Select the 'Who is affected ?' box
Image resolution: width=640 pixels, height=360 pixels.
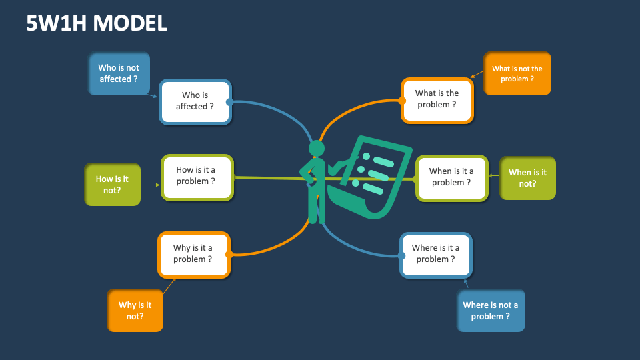195,101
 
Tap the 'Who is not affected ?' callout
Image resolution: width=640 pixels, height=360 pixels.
119,73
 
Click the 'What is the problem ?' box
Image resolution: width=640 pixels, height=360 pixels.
437,100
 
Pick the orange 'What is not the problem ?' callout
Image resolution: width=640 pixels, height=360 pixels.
517,73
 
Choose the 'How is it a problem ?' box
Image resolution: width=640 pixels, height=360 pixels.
197,176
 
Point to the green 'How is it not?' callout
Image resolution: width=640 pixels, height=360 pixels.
113,184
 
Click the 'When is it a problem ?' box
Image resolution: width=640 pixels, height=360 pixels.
451,177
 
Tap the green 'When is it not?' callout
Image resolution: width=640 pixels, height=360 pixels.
527,177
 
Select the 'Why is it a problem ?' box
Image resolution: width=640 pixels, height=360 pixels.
193,254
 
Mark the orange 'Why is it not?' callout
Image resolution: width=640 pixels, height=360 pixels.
135,310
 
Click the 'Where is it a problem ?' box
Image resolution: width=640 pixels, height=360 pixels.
436,254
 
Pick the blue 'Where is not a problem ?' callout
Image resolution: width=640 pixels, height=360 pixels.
491,310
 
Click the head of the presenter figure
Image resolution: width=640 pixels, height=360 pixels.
317,148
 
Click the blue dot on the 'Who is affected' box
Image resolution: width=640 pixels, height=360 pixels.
229,102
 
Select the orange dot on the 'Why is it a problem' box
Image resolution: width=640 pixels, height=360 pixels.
229,254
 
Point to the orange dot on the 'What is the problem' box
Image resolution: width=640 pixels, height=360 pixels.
402,101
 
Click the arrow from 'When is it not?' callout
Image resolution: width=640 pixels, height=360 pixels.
494,177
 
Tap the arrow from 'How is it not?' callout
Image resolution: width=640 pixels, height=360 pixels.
151,185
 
